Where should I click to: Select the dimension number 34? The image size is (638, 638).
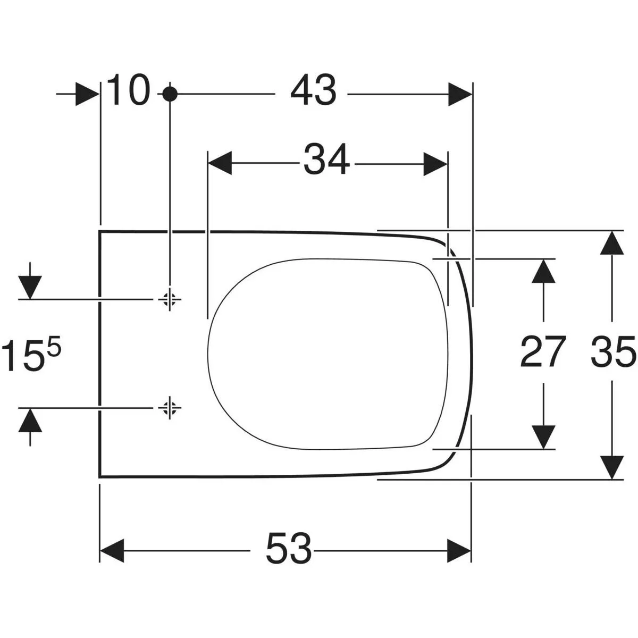tap(326, 160)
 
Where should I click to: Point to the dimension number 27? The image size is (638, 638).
tap(542, 352)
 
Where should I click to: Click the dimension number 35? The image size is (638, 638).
tap(613, 352)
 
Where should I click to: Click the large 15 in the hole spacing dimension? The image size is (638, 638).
tap(22, 357)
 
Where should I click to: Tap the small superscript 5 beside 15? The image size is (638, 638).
tap(54, 349)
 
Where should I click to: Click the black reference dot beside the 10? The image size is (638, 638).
tap(170, 94)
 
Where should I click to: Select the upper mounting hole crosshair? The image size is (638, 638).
tap(170, 300)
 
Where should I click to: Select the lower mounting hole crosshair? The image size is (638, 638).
tap(170, 408)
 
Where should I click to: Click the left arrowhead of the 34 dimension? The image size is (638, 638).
tap(220, 163)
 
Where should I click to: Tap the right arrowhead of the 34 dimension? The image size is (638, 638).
tap(435, 163)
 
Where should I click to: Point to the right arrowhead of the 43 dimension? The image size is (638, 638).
tap(460, 94)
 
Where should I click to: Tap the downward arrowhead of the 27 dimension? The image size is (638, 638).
tap(543, 436)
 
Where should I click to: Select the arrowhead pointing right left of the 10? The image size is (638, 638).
tap(87, 94)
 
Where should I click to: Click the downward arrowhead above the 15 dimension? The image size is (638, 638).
tap(30, 288)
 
